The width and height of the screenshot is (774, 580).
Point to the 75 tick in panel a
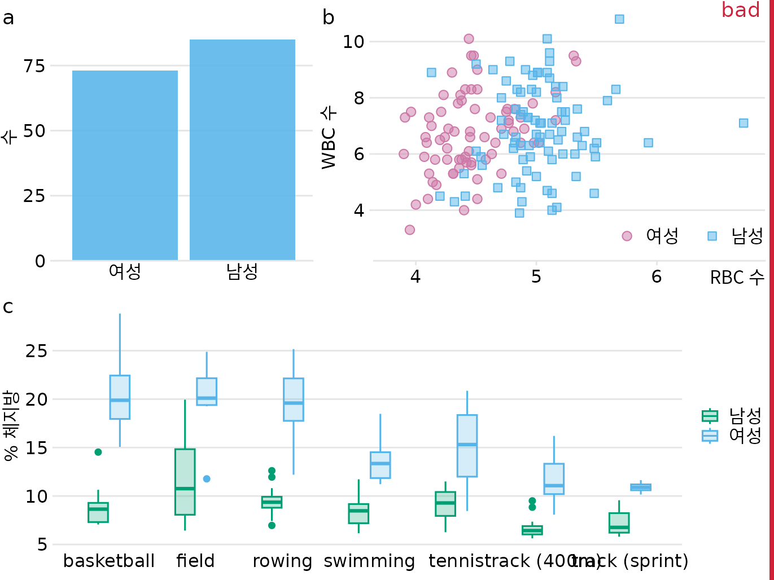[x=34, y=66]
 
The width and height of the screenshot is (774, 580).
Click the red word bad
[x=740, y=10]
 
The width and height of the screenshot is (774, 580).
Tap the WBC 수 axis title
[x=329, y=136]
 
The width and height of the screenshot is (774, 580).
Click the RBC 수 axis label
[x=737, y=278]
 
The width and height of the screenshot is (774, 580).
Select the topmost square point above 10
[x=619, y=19]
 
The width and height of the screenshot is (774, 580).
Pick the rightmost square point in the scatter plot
[x=744, y=123]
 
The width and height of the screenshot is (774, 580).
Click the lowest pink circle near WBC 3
[x=410, y=230]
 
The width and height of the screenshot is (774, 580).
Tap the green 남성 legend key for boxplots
[x=710, y=416]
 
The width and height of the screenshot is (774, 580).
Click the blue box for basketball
[x=120, y=397]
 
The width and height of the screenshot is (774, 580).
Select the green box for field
[x=185, y=482]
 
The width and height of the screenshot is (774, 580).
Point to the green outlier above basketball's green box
[x=98, y=452]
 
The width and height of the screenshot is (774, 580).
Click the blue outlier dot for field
[x=207, y=479]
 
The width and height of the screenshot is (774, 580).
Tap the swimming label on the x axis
[x=369, y=561]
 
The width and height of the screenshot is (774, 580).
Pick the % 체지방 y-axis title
[x=11, y=425]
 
